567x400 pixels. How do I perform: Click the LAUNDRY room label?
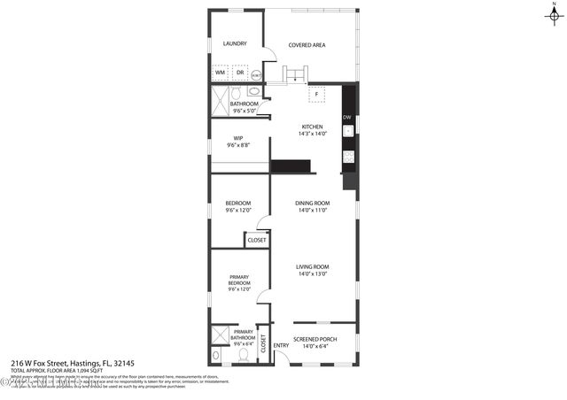click(235, 43)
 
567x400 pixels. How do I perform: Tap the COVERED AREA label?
click(308, 43)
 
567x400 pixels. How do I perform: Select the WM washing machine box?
click(220, 72)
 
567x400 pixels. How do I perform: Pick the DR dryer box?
click(239, 72)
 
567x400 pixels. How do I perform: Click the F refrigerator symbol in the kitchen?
click(316, 94)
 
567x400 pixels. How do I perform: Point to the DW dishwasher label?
click(347, 117)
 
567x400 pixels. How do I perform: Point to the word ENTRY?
click(281, 345)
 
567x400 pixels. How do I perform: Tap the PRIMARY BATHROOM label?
click(244, 335)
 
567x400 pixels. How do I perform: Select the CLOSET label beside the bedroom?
click(257, 240)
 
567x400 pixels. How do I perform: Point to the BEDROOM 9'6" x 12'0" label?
click(238, 207)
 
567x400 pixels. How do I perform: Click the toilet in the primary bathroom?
click(244, 354)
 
